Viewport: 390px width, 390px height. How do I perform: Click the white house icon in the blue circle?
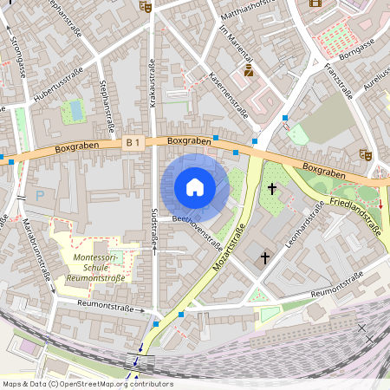(x=195, y=187)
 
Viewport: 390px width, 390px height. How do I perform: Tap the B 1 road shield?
(x=133, y=140)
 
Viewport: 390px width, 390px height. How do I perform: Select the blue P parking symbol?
(x=40, y=197)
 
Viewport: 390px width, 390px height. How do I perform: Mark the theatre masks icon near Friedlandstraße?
(x=365, y=153)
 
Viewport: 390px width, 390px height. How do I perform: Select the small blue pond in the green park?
(x=75, y=110)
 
